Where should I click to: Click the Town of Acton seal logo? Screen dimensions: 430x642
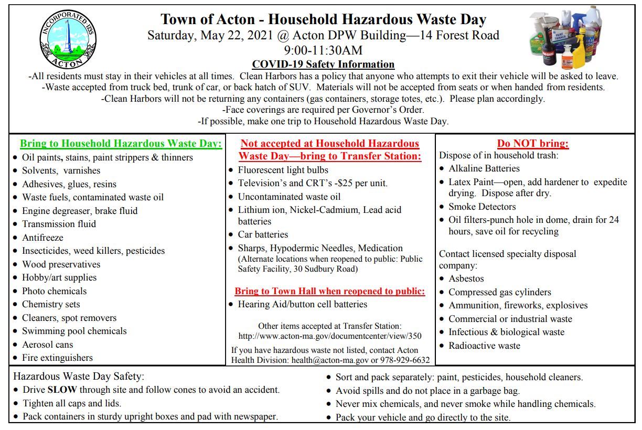point(68,39)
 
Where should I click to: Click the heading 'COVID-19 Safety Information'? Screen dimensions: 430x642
point(323,64)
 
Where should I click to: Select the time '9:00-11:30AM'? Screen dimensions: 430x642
point(323,50)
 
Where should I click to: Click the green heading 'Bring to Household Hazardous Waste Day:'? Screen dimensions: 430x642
point(121,143)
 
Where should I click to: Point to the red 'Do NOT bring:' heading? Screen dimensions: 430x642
point(533,143)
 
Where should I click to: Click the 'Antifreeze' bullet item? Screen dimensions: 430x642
point(42,238)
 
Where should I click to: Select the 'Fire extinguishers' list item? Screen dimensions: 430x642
point(57,358)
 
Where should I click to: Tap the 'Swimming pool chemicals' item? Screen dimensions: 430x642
point(74,331)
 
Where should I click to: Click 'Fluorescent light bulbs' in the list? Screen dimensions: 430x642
point(283,170)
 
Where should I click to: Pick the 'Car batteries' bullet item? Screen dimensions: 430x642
point(263,234)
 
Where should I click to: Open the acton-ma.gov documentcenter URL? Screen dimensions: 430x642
point(329,336)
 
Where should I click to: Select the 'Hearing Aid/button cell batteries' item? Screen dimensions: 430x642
point(302,304)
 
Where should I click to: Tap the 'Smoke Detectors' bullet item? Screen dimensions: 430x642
point(482,207)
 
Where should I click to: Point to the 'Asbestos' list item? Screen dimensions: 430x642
point(466,278)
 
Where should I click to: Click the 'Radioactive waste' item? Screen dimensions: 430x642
point(484,346)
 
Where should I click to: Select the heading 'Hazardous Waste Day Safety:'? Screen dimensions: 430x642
point(79,376)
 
